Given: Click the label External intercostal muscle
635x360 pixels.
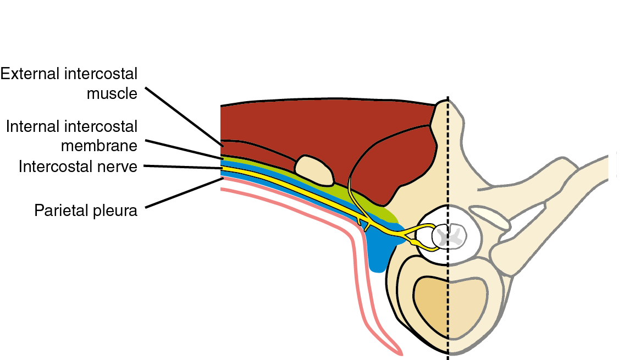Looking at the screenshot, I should tap(69, 84).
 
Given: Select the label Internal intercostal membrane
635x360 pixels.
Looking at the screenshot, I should tap(71, 136).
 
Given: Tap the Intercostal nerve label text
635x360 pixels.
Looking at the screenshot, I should tap(78, 166).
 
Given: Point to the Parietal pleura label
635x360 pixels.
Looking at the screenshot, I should tap(86, 210).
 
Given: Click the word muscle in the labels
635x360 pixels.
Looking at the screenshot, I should tap(112, 93).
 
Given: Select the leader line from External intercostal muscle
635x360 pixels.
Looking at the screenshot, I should tap(184, 115).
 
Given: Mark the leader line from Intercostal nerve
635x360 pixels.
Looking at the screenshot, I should tap(181, 167).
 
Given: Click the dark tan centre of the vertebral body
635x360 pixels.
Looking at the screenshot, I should tap(434, 305).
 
